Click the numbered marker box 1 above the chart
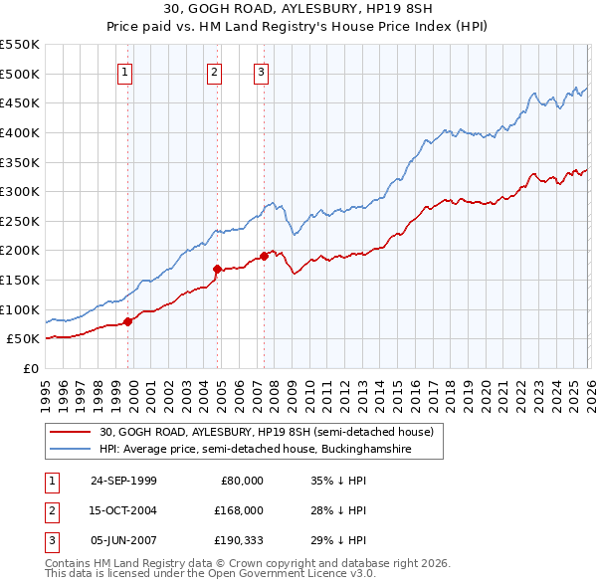tap(125, 71)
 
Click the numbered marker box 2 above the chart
tap(214, 71)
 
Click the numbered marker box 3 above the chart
tap(261, 71)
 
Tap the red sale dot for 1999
tap(128, 320)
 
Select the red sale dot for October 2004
tap(217, 269)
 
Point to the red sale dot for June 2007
tap(264, 256)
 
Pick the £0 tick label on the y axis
tap(30, 368)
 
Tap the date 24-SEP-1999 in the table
tap(123, 481)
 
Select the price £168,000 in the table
tap(237, 510)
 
